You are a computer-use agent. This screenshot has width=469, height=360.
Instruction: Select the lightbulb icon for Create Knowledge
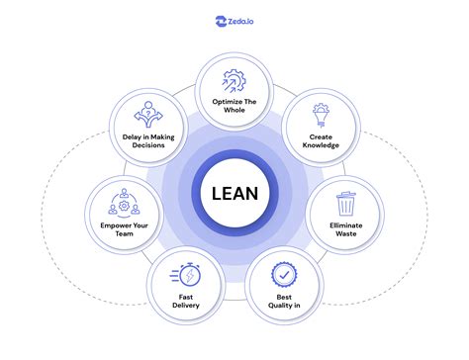point(322,113)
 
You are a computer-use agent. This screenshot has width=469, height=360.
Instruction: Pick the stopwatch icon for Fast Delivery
point(187,274)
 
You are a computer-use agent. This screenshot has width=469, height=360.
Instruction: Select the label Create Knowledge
point(322,140)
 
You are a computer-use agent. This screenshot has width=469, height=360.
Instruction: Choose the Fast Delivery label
point(187,301)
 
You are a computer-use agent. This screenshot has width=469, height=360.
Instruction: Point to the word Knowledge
point(322,145)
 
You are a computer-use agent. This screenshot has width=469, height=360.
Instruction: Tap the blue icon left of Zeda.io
point(221,19)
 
